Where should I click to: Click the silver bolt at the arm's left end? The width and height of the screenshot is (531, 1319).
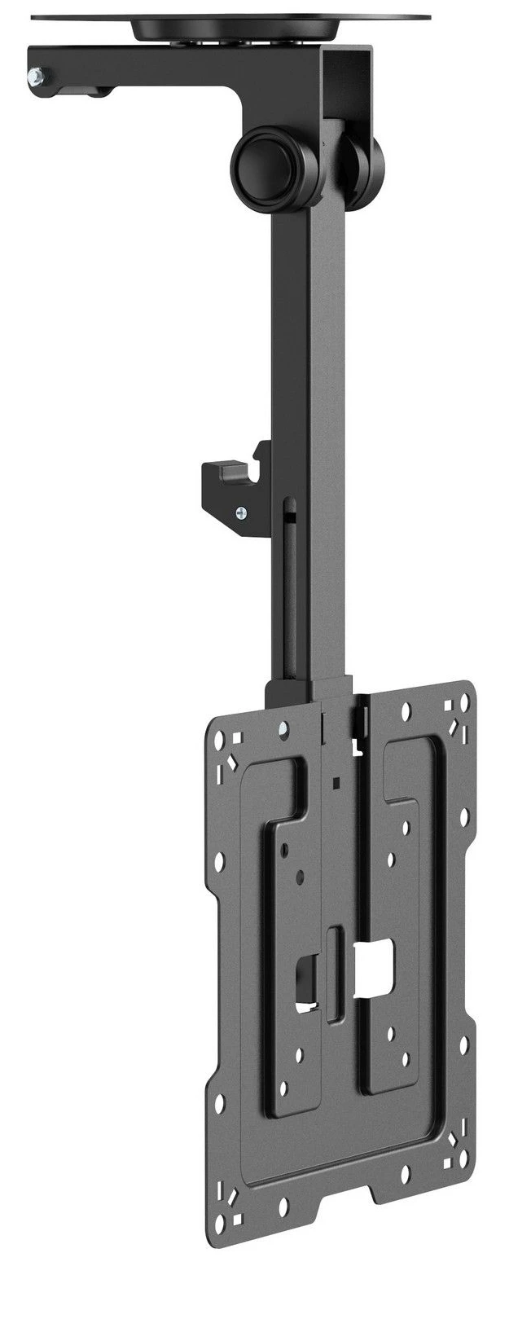pos(35,77)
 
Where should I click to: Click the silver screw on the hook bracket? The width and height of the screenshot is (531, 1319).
pos(240,512)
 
